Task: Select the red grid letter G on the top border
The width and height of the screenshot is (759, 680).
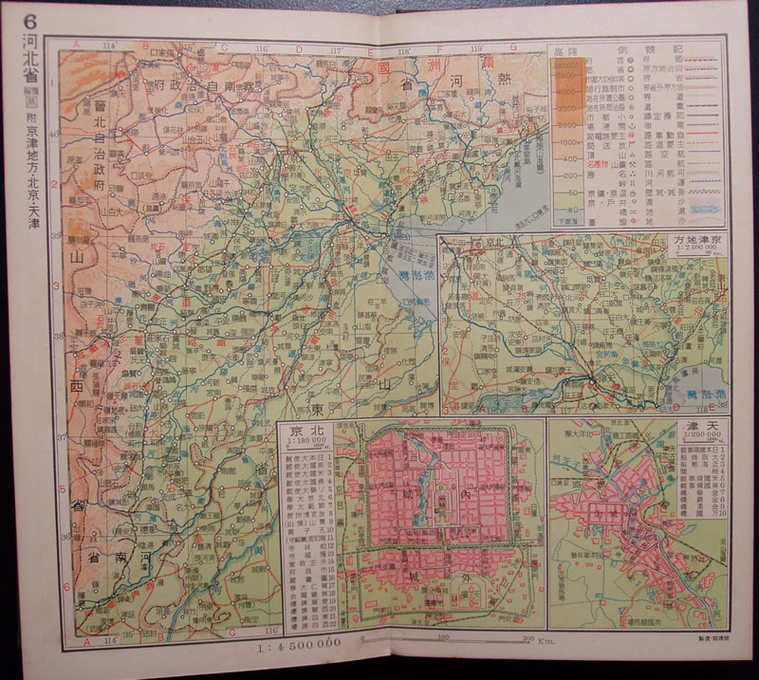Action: [512, 46]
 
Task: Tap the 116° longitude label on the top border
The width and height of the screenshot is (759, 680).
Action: [262, 46]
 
